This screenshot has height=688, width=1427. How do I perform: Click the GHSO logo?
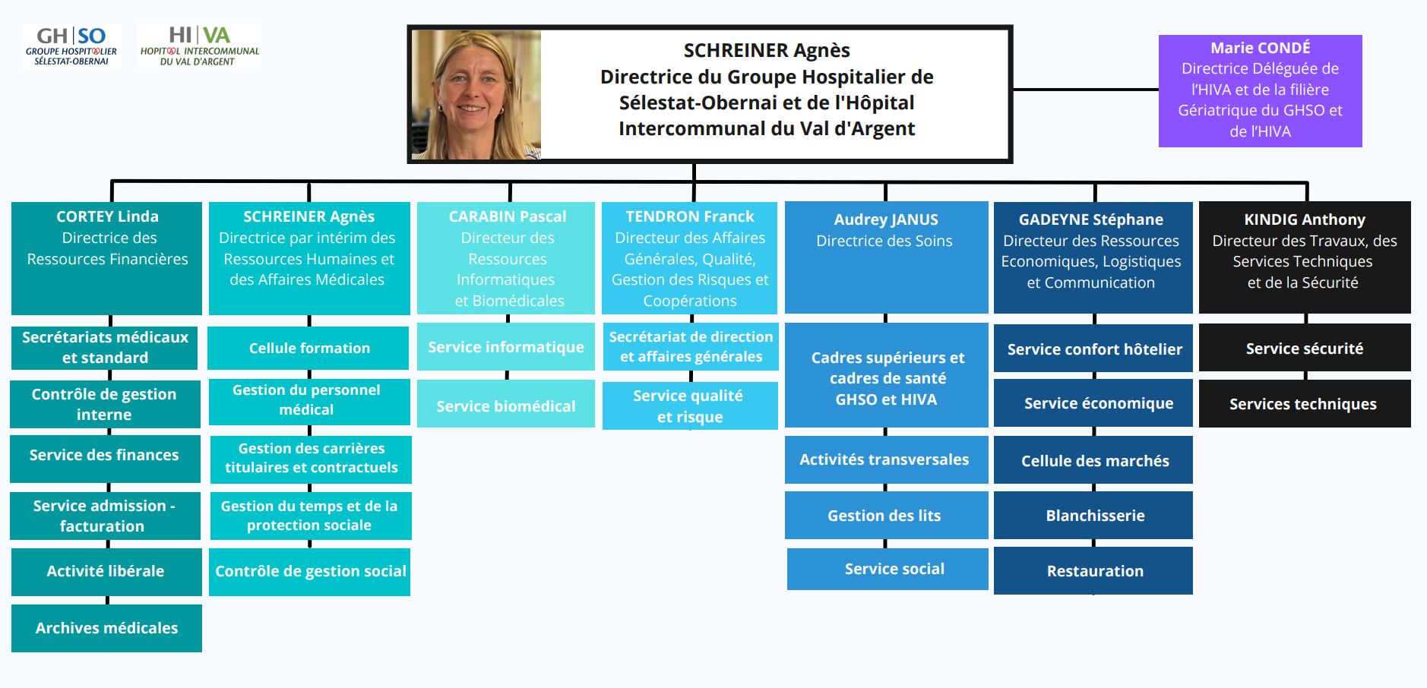(71, 46)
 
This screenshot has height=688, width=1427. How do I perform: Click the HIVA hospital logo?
(199, 46)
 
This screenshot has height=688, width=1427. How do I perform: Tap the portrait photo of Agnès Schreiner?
(476, 95)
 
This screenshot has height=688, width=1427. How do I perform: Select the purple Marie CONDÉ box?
(1260, 90)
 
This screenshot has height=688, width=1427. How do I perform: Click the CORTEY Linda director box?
(106, 257)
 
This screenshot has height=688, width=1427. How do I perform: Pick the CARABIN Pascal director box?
(506, 257)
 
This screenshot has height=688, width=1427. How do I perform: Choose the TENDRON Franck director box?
(689, 257)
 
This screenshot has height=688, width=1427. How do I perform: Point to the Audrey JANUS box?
(886, 257)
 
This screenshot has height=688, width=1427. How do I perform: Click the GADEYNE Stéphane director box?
(1093, 257)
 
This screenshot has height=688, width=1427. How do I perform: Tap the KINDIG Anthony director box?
(1304, 257)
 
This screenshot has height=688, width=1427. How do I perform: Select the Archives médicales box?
(106, 628)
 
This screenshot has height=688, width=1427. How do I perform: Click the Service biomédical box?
(506, 406)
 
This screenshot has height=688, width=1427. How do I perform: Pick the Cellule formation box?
(308, 348)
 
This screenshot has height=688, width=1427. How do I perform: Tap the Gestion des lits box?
(886, 516)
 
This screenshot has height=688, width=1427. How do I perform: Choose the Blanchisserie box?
(1093, 516)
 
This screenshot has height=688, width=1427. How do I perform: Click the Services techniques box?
(1304, 404)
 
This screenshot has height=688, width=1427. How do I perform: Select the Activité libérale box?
(106, 571)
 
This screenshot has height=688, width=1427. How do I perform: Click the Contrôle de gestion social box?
(310, 571)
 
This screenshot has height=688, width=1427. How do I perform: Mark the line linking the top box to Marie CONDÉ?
(1085, 89)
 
